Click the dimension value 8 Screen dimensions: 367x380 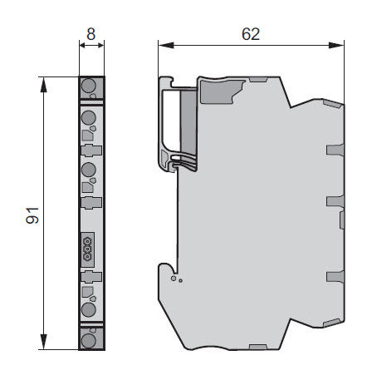(x=91, y=34)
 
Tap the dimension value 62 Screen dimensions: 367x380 (x=251, y=34)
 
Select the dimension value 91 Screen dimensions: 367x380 (x=32, y=215)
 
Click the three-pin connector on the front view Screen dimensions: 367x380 (x=88, y=249)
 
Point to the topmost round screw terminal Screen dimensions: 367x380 (x=89, y=86)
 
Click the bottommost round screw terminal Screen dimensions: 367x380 (x=89, y=340)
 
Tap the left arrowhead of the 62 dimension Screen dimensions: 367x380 (x=166, y=45)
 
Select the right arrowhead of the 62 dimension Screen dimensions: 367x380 (x=336, y=45)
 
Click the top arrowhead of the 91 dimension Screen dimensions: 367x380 (x=43, y=85)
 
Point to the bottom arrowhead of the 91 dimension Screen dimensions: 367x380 (x=43, y=342)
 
